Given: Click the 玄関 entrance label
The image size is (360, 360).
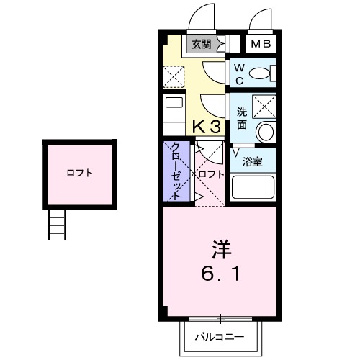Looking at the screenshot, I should pyautogui.click(x=200, y=45).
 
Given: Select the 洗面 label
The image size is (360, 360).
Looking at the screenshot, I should pyautogui.click(x=242, y=118).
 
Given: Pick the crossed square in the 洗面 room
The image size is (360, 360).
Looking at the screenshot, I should pyautogui.click(x=264, y=107).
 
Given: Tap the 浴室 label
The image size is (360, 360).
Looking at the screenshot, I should pyautogui.click(x=252, y=161).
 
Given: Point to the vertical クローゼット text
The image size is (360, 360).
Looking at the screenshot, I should pyautogui.click(x=175, y=172).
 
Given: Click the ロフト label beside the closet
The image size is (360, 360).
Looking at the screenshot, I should pyautogui.click(x=211, y=175).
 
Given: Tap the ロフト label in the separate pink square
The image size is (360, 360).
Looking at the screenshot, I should pyautogui.click(x=78, y=173).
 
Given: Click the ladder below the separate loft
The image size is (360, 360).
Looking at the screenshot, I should pyautogui.click(x=58, y=226).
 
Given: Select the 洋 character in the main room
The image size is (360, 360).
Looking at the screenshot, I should pyautogui.click(x=220, y=250).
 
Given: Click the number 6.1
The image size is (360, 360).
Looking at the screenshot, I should pyautogui.click(x=220, y=274).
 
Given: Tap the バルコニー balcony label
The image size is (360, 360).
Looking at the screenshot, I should pyautogui.click(x=220, y=336).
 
